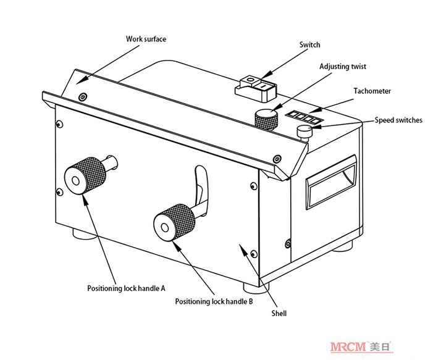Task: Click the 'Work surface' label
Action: pos(146,40)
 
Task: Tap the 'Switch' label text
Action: pos(309,44)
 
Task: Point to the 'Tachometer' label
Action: pos(372,91)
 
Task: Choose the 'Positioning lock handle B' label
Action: pos(214,301)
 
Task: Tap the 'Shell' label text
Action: pos(279,314)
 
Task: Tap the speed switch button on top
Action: pos(304,131)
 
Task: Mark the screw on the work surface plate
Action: pos(83,97)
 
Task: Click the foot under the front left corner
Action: pos(82,235)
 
